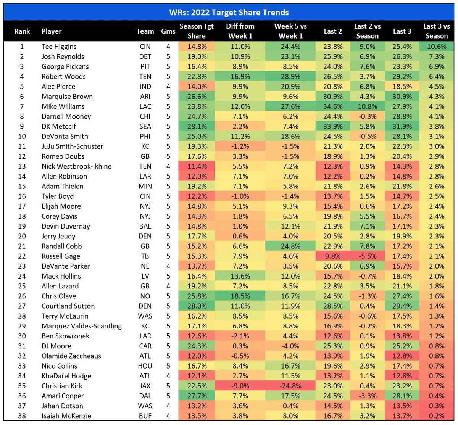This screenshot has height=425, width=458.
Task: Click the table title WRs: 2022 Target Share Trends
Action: [x=229, y=12]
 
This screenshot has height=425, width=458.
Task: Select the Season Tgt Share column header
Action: [x=197, y=31]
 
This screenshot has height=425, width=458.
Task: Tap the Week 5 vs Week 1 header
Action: [x=290, y=31]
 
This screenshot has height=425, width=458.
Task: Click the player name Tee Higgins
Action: [x=59, y=47]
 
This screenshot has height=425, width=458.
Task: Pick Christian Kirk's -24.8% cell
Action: [x=290, y=386]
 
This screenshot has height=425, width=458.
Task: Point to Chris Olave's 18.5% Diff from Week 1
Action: [x=240, y=296]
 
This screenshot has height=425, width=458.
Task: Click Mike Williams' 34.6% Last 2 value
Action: [x=333, y=106]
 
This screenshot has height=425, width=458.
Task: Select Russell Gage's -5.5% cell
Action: [x=367, y=256]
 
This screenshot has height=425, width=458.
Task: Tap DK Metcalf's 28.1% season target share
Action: [x=197, y=126]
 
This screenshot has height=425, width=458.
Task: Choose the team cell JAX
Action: [x=145, y=386]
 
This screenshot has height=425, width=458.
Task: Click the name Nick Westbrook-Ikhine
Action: [x=77, y=166]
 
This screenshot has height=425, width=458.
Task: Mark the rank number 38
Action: [x=22, y=416]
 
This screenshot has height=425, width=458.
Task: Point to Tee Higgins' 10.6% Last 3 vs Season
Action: [x=437, y=47]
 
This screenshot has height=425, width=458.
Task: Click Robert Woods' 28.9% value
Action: [x=290, y=76]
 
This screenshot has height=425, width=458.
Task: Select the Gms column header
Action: [x=168, y=31]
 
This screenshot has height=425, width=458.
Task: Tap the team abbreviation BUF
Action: [x=145, y=416]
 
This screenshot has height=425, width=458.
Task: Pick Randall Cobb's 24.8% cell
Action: [x=290, y=246]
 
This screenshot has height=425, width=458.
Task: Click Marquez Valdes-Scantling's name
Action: [x=82, y=326]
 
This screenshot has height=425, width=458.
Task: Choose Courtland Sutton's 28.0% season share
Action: [x=197, y=306]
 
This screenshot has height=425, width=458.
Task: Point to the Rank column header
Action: [x=22, y=31]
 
